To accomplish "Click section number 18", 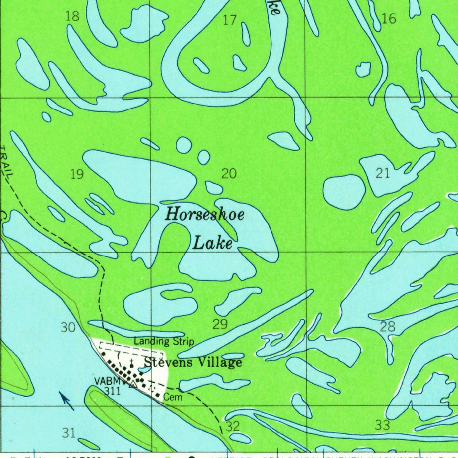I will tap(72, 17).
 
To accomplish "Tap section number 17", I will tap(229, 20).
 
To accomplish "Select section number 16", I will tap(389, 18).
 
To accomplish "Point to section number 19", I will tap(77, 174).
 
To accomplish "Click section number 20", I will tap(229, 174).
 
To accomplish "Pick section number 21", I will tap(383, 174).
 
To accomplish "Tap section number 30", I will tap(68, 328).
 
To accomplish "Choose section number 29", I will tap(220, 324).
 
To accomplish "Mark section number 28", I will tap(387, 327).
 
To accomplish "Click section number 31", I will tap(68, 433).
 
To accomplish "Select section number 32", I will tap(233, 426).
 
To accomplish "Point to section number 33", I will tap(382, 425).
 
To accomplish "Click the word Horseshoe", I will tap(205, 215).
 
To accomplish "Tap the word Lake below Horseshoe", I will tap(212, 244).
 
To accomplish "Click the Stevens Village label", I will tap(193, 362).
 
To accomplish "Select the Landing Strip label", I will tap(164, 342).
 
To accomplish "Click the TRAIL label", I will tap(6, 163).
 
